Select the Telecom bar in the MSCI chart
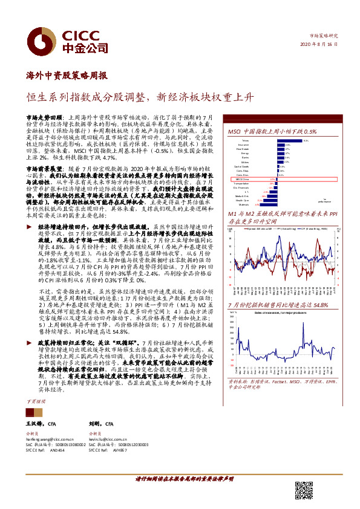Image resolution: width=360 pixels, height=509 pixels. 292,140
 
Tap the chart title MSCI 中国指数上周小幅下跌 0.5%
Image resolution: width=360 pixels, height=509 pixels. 272,131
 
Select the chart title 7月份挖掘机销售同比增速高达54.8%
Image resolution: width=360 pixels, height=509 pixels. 278,306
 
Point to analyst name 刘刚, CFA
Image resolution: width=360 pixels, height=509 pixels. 101,426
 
